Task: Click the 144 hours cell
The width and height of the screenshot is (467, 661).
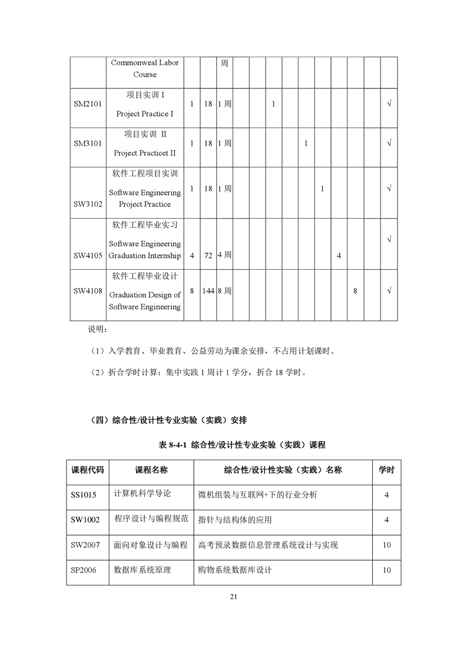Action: [208, 291]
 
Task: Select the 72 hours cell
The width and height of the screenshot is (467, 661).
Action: [208, 256]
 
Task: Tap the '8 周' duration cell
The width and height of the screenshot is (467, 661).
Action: [224, 291]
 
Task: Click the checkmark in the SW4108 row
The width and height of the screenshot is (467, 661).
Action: [389, 291]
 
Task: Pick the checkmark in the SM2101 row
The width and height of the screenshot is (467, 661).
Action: [389, 104]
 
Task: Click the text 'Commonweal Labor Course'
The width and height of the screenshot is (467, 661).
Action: [145, 68]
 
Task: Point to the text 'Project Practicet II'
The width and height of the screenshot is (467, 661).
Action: [145, 153]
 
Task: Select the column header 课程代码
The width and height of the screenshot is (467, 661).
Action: [88, 470]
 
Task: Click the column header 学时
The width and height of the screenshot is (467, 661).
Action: [386, 470]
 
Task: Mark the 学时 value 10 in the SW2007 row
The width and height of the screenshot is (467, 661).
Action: [386, 545]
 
